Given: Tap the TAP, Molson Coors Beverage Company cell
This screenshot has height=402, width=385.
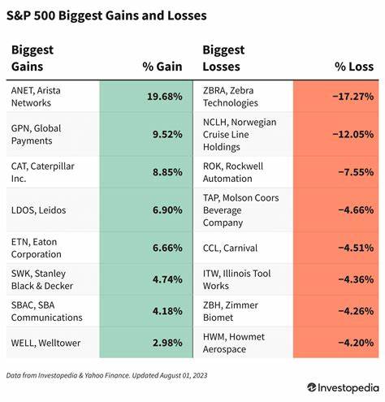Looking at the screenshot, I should (240, 210).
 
